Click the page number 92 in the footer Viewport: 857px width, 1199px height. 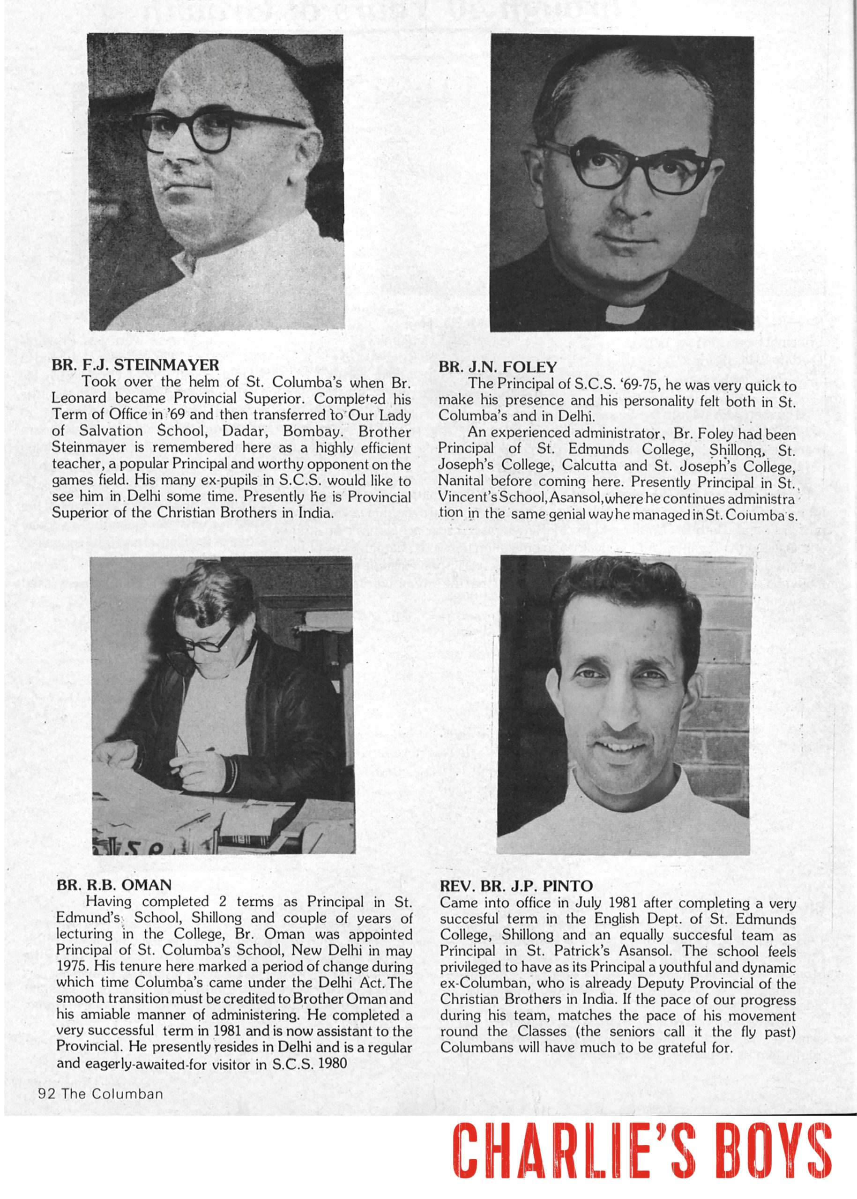[x=47, y=1094]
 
